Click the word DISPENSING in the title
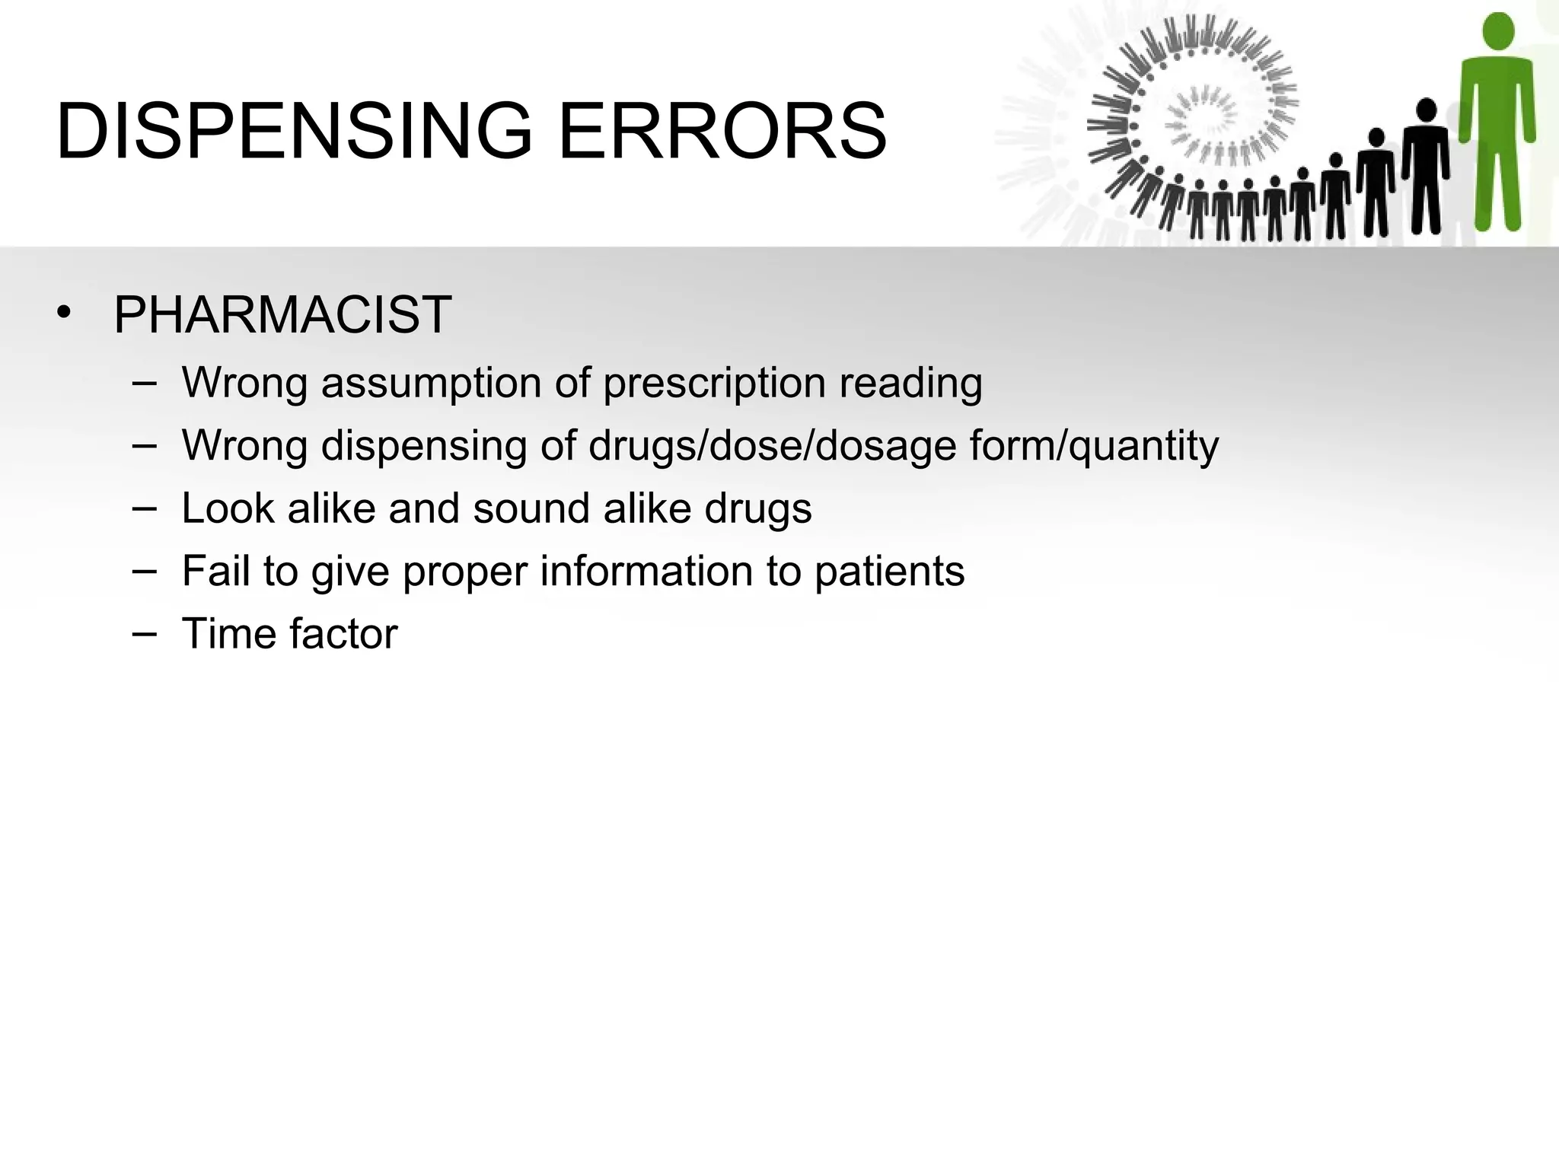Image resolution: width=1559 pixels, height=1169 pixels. (x=294, y=131)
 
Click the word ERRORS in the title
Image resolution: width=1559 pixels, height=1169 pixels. (x=722, y=131)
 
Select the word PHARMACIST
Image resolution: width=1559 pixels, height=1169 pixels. (x=282, y=314)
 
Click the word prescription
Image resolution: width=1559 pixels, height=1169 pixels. (x=714, y=384)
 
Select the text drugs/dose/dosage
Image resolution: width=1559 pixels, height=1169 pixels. (x=772, y=446)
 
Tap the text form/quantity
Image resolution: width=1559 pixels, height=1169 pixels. (x=1094, y=446)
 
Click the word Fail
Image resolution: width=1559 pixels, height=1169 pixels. (x=215, y=571)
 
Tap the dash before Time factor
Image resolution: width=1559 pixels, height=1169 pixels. (x=144, y=632)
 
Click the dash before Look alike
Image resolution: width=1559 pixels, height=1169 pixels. (x=144, y=507)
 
